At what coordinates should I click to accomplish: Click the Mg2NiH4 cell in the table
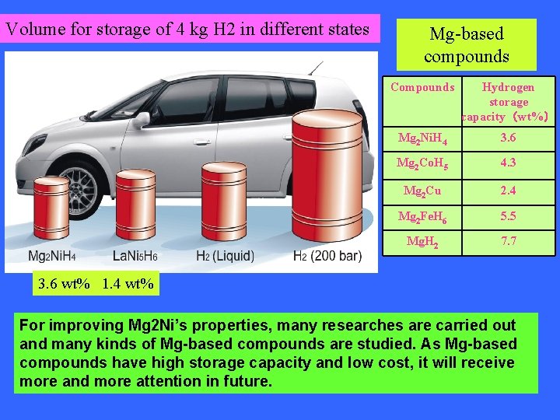pos(422,138)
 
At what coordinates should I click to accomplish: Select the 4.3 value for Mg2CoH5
pos(509,164)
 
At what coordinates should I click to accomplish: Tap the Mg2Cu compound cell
pos(422,191)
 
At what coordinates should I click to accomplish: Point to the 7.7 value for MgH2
pos(509,242)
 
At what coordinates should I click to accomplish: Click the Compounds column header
pos(422,88)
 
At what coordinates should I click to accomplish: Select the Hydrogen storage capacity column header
pos(509,102)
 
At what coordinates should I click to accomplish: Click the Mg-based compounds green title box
pos(467,45)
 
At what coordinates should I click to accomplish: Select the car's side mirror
pos(142,121)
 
